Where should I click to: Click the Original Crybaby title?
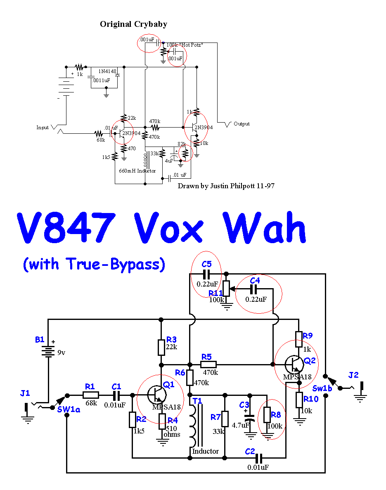click(x=133, y=24)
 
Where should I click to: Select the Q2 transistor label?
click(x=310, y=361)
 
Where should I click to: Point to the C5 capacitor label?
click(x=206, y=264)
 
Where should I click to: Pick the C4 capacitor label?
click(x=255, y=280)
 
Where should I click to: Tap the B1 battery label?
click(x=40, y=340)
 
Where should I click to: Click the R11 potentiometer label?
click(x=215, y=293)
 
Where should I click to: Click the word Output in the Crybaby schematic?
click(x=242, y=124)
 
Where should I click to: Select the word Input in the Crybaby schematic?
click(x=43, y=128)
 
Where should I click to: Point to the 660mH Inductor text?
click(x=137, y=170)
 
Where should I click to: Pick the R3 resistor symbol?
click(x=161, y=347)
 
